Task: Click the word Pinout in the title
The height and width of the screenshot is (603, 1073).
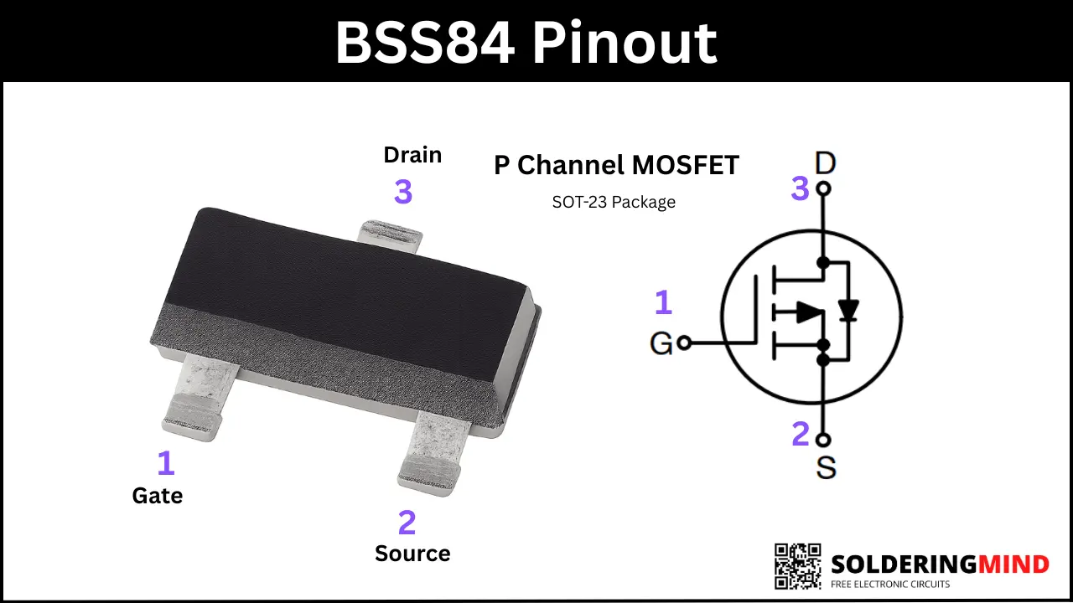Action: [625, 43]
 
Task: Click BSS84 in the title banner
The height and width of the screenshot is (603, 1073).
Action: [425, 43]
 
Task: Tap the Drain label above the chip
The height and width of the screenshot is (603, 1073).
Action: [412, 155]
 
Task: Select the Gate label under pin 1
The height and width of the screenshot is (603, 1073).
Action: [158, 496]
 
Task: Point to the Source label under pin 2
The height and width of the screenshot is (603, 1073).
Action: [412, 554]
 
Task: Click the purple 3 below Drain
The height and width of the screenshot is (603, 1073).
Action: [403, 192]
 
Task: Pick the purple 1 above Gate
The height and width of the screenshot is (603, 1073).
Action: [166, 463]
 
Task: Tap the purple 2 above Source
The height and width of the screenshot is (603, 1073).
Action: [407, 522]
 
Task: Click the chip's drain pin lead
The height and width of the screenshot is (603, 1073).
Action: [391, 234]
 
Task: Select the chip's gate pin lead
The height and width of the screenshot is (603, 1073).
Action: [199, 398]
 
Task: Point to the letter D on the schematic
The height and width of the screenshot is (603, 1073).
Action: [826, 163]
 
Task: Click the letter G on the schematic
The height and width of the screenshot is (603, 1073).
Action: [661, 343]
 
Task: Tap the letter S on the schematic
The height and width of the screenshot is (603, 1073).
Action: [826, 467]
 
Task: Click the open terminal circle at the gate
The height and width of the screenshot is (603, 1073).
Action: [685, 343]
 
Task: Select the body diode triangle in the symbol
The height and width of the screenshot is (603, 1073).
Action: [848, 310]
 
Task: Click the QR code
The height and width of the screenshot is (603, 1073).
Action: [797, 566]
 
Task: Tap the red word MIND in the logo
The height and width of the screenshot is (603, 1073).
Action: [1013, 564]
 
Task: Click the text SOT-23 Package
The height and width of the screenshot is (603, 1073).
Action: [614, 202]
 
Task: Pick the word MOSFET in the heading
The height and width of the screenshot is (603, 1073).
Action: [686, 165]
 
